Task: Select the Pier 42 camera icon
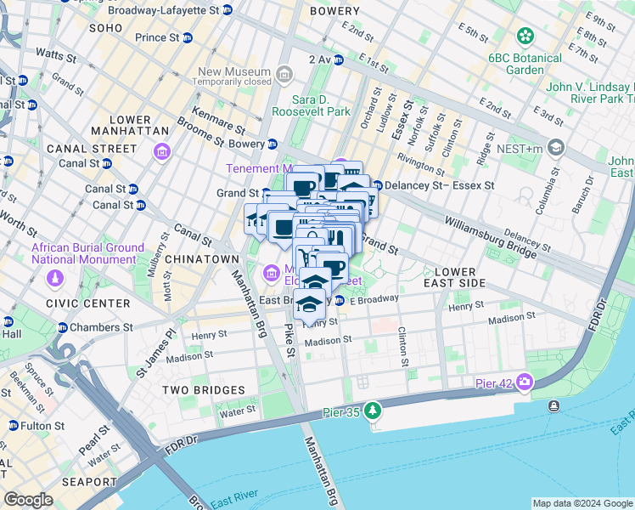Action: pos(525,382)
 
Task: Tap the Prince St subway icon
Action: pos(188,38)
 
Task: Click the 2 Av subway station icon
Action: pos(338,59)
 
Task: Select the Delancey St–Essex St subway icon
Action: pos(377,185)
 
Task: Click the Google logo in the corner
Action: pos(28,500)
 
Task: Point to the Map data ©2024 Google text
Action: pos(582,503)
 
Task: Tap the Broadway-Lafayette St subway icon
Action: pos(227,11)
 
